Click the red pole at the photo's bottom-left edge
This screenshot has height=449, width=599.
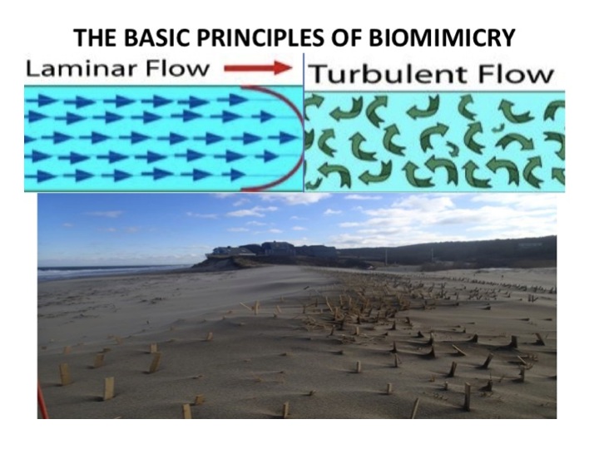pos(39,399)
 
